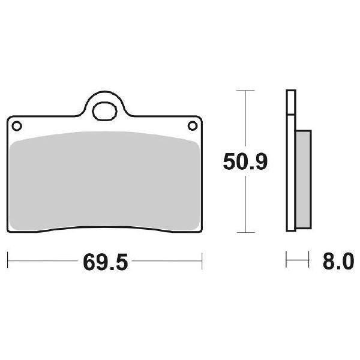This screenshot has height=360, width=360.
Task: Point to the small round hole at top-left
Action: pos(17,125)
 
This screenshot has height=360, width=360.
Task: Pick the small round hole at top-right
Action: pos(193,125)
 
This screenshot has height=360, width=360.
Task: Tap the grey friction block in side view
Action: pos(304,179)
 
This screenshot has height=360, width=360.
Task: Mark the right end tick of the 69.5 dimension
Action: pos(202,262)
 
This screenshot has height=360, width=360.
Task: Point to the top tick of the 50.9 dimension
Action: pos(245,91)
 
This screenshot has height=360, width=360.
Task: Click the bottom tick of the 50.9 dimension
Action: pos(245,232)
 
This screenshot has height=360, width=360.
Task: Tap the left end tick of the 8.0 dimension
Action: pos(287,262)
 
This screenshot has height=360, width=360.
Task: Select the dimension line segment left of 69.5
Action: pos(42,262)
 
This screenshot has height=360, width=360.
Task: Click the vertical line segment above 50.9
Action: pos(245,120)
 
